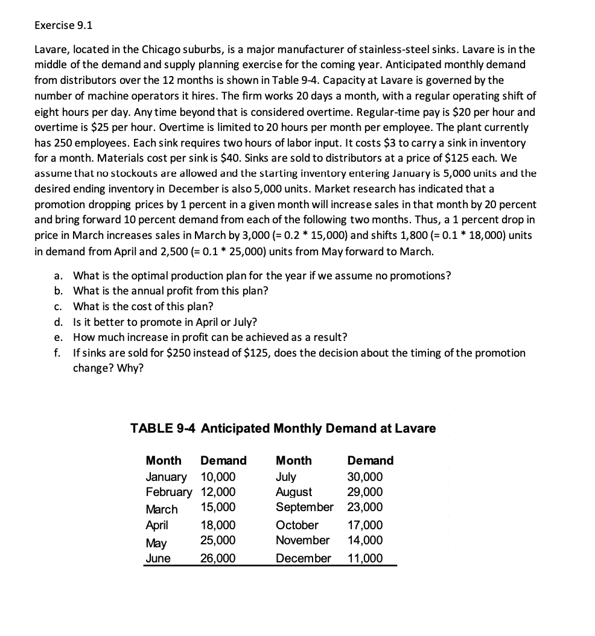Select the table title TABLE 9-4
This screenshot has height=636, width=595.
283,428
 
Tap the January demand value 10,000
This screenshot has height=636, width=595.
218,477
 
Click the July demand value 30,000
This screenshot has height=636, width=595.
366,477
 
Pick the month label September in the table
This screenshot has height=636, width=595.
304,507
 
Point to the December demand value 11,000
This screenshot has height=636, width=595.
366,558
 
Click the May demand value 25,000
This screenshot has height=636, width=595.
218,540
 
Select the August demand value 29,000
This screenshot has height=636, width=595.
366,492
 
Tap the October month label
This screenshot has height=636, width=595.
297,525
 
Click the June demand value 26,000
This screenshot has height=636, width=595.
218,558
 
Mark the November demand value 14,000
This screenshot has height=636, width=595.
366,540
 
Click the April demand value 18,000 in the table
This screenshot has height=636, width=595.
218,525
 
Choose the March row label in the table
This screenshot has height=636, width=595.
162,509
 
